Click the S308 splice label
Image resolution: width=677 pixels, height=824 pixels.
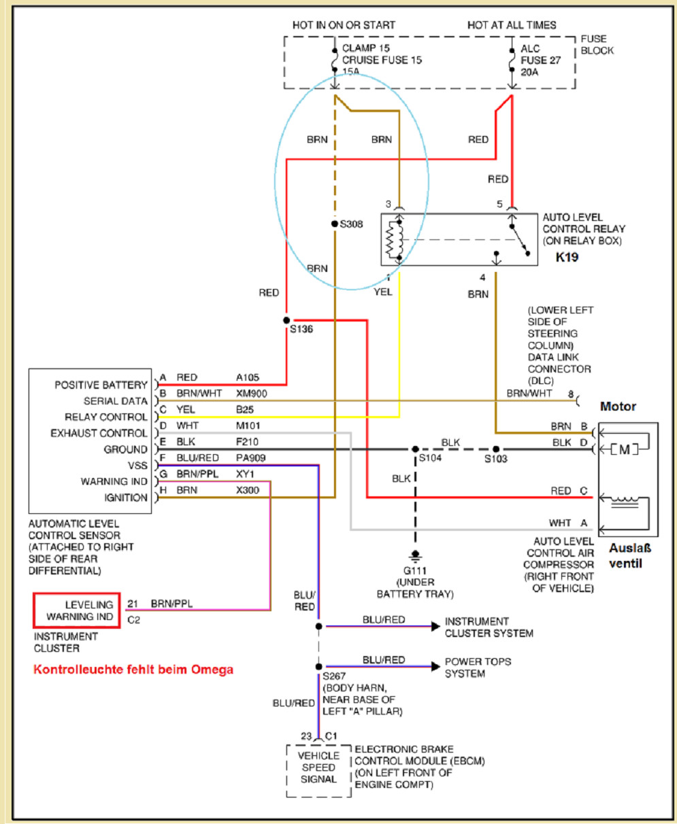coord(351,224)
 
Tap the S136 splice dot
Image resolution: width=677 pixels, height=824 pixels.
coord(286,320)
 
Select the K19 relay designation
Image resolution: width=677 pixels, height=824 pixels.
coord(567,258)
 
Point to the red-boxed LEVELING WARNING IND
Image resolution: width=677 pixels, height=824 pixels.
coord(78,611)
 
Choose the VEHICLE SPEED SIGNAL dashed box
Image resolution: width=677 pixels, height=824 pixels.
coord(318,767)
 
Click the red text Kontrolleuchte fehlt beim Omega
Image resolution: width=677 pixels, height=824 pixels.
coord(133,670)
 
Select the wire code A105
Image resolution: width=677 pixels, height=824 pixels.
coord(248,377)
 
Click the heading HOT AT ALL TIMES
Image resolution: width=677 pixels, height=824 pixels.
coord(511,25)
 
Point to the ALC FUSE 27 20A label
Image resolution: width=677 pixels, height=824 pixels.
coord(540,60)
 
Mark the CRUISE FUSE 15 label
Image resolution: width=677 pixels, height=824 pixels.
coord(382,60)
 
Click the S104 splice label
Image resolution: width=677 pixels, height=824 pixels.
coord(430,460)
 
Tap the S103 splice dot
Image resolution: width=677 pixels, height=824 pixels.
coord(496,449)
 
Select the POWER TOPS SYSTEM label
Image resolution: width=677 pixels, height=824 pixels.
coord(478,668)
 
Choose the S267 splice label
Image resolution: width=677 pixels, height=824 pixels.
coord(334,676)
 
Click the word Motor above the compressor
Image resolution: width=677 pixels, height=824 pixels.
coord(618,407)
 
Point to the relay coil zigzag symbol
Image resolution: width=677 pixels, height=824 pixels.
coord(391,239)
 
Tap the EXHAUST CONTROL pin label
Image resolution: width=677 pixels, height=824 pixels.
coord(99,433)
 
